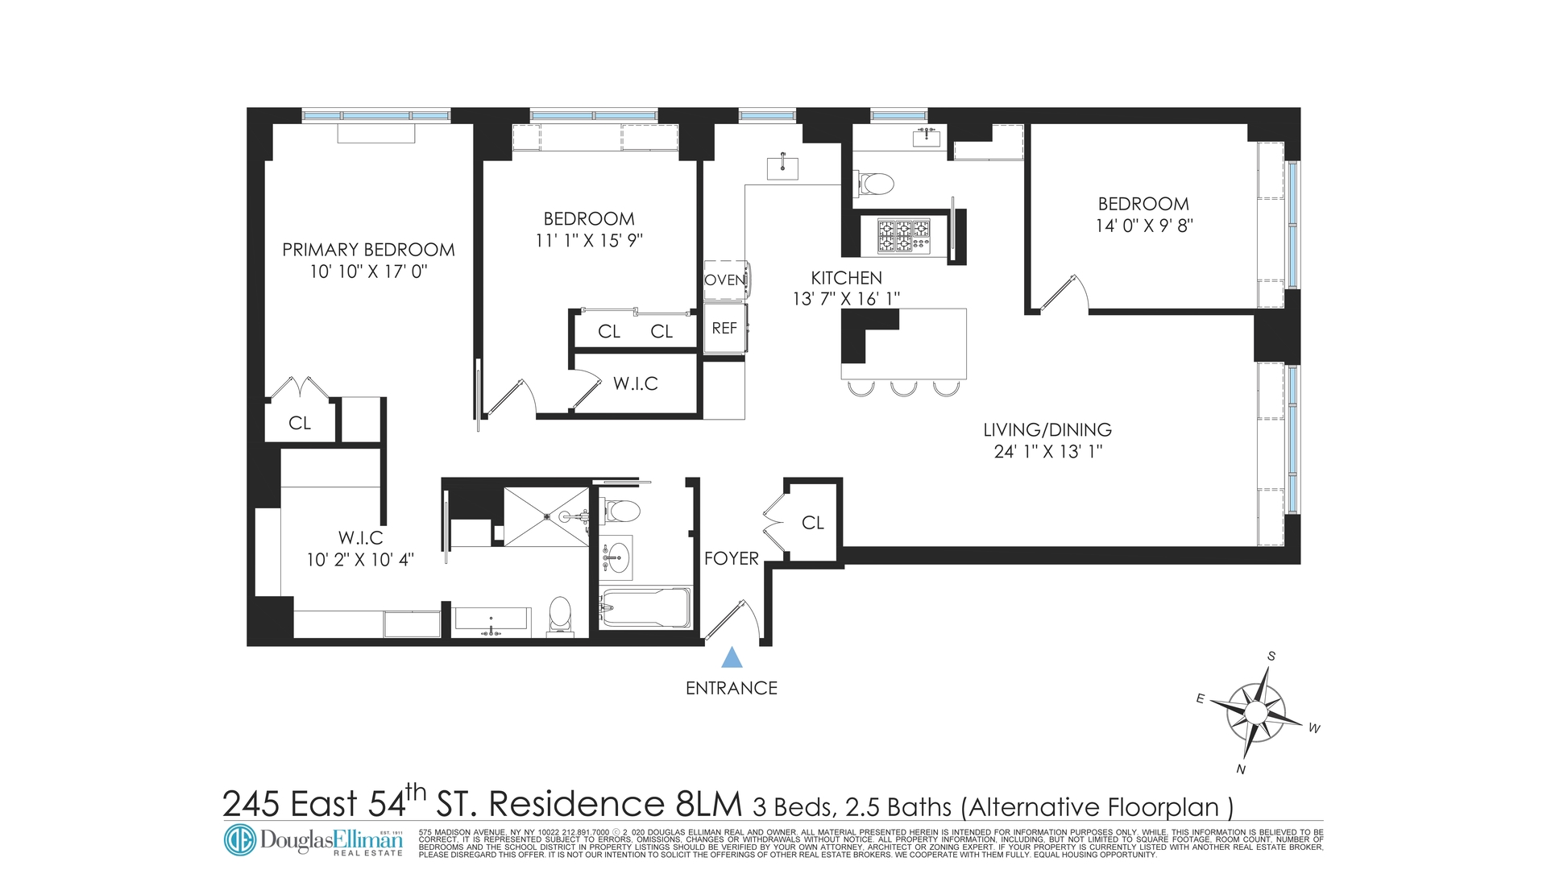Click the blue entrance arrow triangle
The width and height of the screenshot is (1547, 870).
pyautogui.click(x=732, y=658)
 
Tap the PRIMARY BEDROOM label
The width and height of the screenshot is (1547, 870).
pyautogui.click(x=368, y=250)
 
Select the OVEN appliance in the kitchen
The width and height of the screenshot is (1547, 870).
pyautogui.click(x=725, y=280)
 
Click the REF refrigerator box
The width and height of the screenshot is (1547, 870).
pyautogui.click(x=724, y=328)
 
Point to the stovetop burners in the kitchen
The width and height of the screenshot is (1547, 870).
pyautogui.click(x=903, y=235)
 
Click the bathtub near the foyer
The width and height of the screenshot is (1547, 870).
pyautogui.click(x=645, y=608)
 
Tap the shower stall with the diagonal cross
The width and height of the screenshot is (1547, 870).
pyautogui.click(x=546, y=516)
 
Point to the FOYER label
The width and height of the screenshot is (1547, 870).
pyautogui.click(x=731, y=558)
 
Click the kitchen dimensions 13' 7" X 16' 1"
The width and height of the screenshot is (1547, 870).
pyautogui.click(x=846, y=299)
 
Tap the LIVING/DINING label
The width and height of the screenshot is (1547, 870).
pyautogui.click(x=1047, y=430)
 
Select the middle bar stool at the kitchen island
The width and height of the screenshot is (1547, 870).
pyautogui.click(x=903, y=389)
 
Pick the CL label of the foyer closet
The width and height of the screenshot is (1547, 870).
pyautogui.click(x=813, y=523)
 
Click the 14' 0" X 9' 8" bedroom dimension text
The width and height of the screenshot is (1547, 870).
pyautogui.click(x=1143, y=226)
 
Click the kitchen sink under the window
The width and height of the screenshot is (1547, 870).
pyautogui.click(x=782, y=168)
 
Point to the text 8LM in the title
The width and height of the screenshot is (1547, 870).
pyautogui.click(x=707, y=804)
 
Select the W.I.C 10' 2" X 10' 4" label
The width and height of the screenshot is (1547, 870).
pyautogui.click(x=360, y=549)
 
